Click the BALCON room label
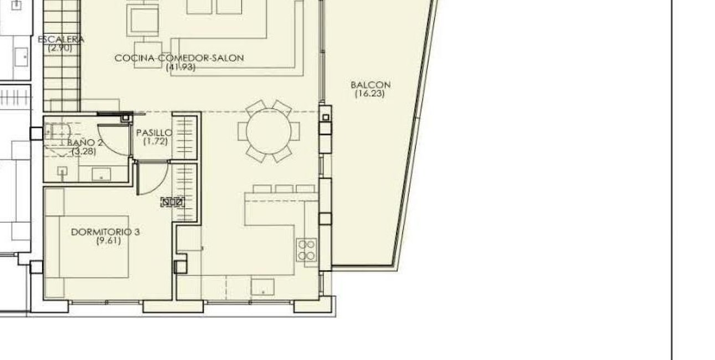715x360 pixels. pyautogui.click(x=371, y=85)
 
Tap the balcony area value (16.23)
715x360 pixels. pyautogui.click(x=370, y=94)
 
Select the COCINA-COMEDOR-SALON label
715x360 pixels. pyautogui.click(x=179, y=58)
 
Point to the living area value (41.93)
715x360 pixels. pyautogui.click(x=181, y=67)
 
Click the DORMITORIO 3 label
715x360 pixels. pyautogui.click(x=105, y=232)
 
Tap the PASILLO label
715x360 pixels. pyautogui.click(x=154, y=133)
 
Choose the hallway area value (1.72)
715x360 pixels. pyautogui.click(x=155, y=142)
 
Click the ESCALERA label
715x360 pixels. pyautogui.click(x=61, y=39)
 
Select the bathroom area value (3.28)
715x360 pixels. pyautogui.click(x=84, y=151)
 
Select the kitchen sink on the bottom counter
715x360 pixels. pyautogui.click(x=262, y=287)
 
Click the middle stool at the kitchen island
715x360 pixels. pyautogui.click(x=284, y=189)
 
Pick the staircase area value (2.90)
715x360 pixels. pyautogui.click(x=60, y=48)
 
